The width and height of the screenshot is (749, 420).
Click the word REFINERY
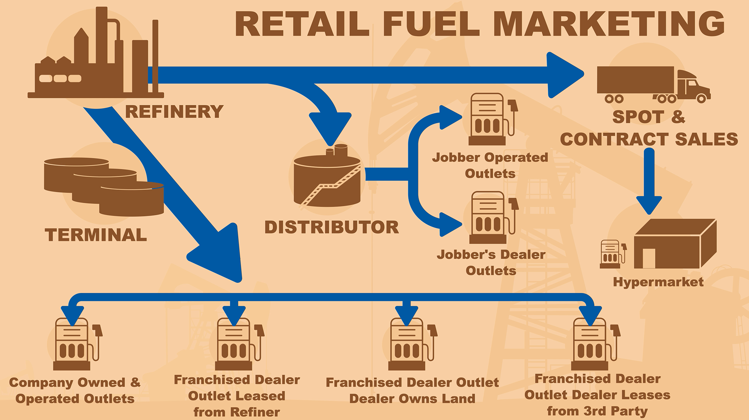point(174,112)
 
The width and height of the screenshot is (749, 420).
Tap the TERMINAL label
point(96,235)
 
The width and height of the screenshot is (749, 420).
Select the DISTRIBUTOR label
point(332,227)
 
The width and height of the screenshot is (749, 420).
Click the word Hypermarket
point(658,282)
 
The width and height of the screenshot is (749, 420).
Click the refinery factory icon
point(96,58)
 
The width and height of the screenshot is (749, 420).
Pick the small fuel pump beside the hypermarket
point(612,254)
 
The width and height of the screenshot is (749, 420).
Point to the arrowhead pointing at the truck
point(564,74)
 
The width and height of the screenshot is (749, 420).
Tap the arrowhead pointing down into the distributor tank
point(330,127)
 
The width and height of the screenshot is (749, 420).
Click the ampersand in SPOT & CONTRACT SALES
point(678,117)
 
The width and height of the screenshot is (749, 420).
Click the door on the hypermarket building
point(648,258)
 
